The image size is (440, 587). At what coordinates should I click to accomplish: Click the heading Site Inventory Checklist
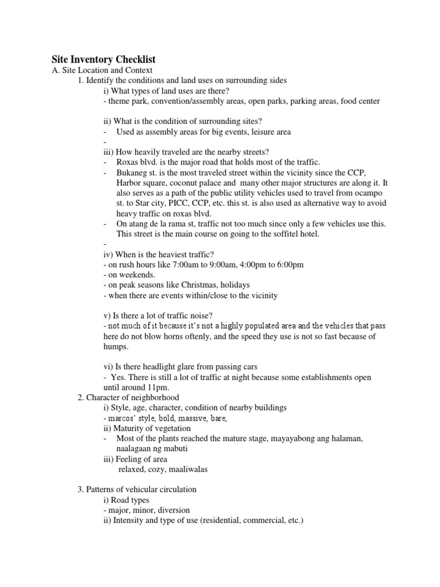[x=104, y=60]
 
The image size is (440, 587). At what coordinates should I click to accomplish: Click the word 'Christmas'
[x=198, y=285]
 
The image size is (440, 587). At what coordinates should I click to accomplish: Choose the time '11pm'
[x=153, y=388]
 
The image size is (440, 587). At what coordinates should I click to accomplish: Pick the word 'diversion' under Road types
[x=172, y=510]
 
